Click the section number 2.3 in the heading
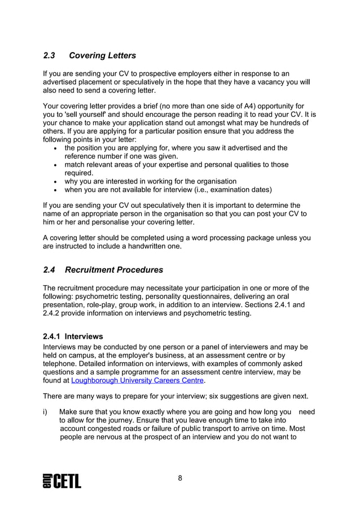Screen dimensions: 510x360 [x=50, y=56]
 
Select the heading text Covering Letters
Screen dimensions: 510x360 [x=102, y=56]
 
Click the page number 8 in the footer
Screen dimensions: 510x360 [x=180, y=479]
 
